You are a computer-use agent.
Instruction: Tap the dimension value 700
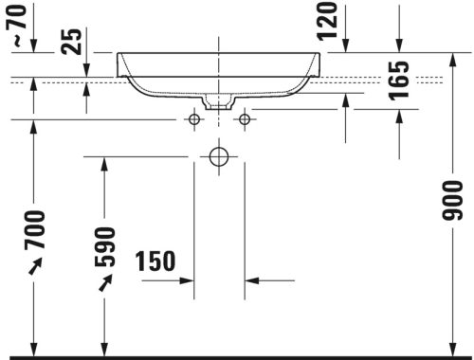pos(35,230)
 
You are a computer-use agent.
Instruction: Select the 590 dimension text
pos(106,246)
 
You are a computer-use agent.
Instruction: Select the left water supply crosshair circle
pos(194,119)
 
